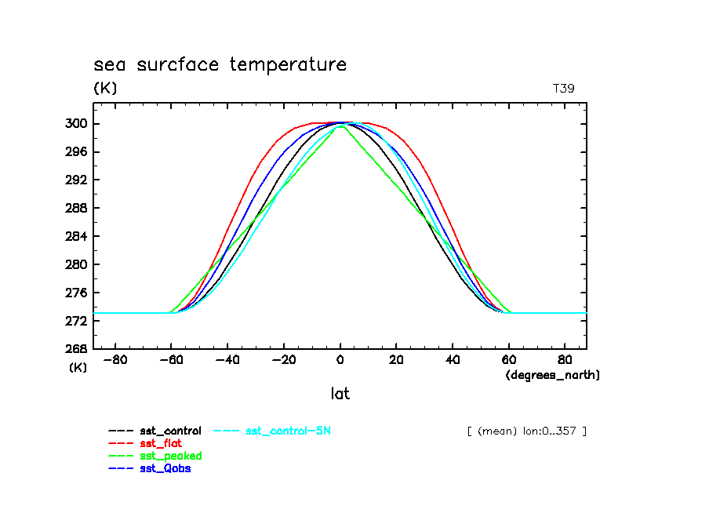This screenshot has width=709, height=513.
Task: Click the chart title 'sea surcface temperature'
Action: point(220,64)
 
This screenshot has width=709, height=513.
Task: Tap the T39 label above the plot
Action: point(563,89)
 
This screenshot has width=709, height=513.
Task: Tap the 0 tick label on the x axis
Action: point(340,361)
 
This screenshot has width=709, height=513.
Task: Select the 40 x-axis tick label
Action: point(453,361)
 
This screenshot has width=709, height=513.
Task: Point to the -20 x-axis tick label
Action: point(284,361)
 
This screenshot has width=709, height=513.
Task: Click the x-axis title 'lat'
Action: point(340,394)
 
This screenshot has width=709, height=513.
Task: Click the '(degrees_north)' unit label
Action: point(552,375)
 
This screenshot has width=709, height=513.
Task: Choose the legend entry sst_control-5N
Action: point(293,431)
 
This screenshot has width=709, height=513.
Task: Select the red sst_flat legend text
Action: point(161,443)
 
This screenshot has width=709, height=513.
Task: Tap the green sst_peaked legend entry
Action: point(170,456)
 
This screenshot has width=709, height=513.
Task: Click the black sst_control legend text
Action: point(170,431)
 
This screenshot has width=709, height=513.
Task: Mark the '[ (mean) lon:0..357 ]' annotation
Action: point(526,431)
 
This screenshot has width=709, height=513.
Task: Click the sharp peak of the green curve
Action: point(340,126)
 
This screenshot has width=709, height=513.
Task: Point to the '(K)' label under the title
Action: point(105,89)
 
